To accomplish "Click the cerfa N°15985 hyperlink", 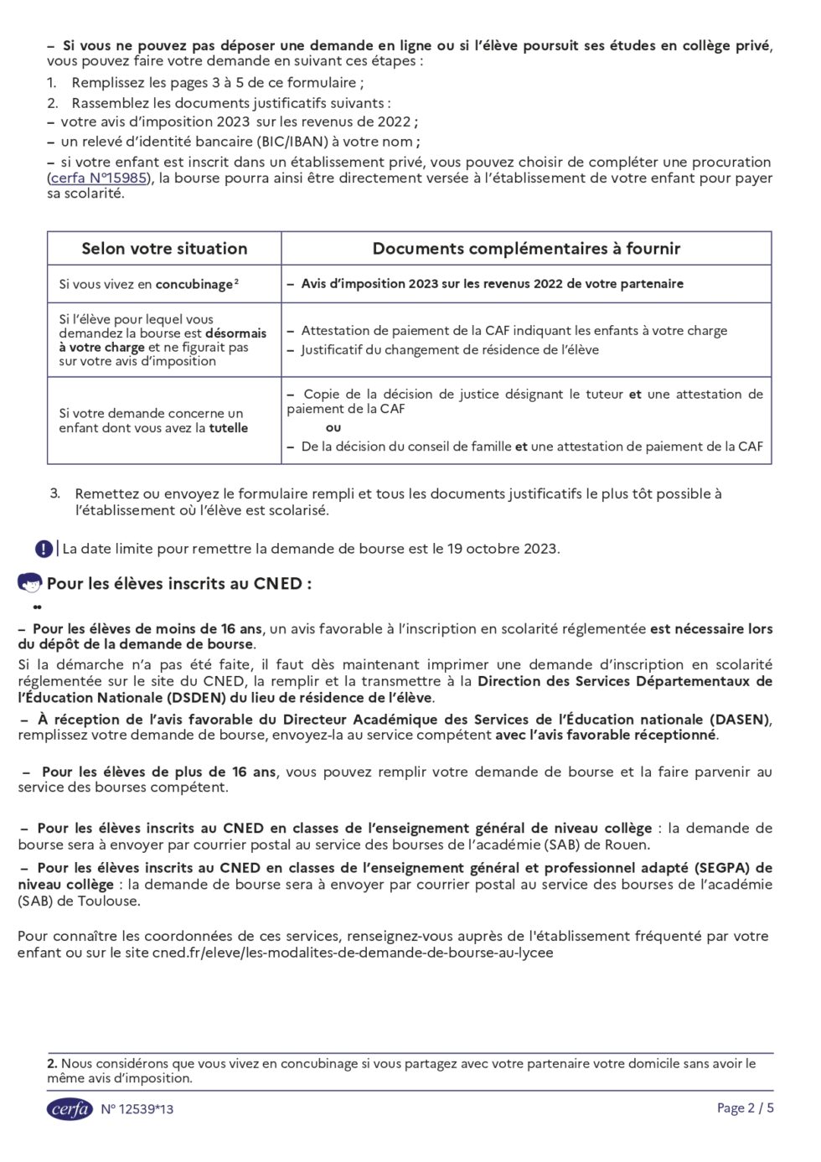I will [100, 178].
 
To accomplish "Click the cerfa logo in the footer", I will [69, 1108].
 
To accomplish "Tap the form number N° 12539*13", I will [137, 1109].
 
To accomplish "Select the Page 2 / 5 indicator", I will [745, 1108].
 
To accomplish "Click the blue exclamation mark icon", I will [44, 549].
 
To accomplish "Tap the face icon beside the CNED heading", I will [29, 583].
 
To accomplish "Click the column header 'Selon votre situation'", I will [164, 249].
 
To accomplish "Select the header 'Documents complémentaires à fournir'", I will [526, 249].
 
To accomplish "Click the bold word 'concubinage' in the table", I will [194, 285].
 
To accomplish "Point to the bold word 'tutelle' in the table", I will [228, 428].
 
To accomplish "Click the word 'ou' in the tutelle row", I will [333, 428].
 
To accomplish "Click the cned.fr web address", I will [352, 953].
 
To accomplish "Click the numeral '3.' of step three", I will [55, 493].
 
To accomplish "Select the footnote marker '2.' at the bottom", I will [52, 1064].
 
